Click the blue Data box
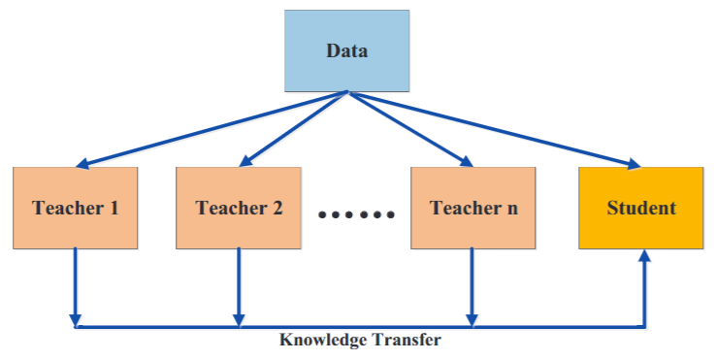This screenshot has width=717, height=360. click(346, 49)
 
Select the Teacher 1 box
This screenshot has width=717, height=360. click(76, 208)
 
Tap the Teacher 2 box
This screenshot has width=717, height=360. click(239, 208)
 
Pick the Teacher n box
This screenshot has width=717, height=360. click(472, 208)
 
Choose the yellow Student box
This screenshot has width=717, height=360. click(641, 208)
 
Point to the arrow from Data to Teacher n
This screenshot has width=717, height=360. click(408, 126)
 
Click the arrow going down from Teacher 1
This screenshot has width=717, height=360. click(76, 287)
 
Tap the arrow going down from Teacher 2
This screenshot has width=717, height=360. click(239, 287)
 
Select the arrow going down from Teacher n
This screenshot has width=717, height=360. click(472, 287)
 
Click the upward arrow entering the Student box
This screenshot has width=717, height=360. click(642, 287)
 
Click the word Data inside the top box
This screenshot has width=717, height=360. click(346, 49)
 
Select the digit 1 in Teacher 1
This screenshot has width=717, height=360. click(115, 208)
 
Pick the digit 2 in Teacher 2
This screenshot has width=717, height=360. click(277, 208)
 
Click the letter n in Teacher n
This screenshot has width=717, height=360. click(510, 209)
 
